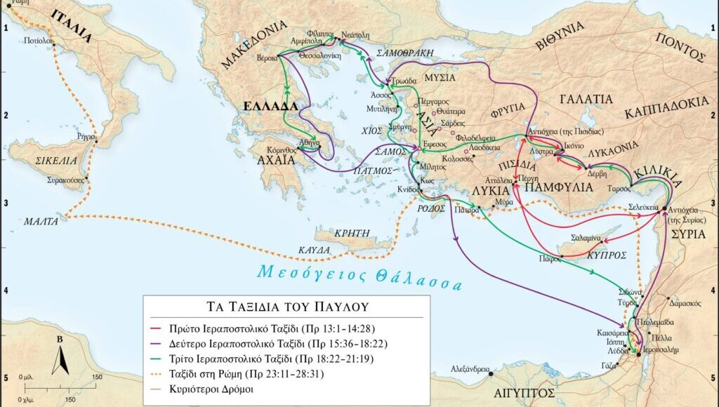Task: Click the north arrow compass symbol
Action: (x=60, y=356)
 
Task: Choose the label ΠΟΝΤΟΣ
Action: (x=680, y=48)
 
